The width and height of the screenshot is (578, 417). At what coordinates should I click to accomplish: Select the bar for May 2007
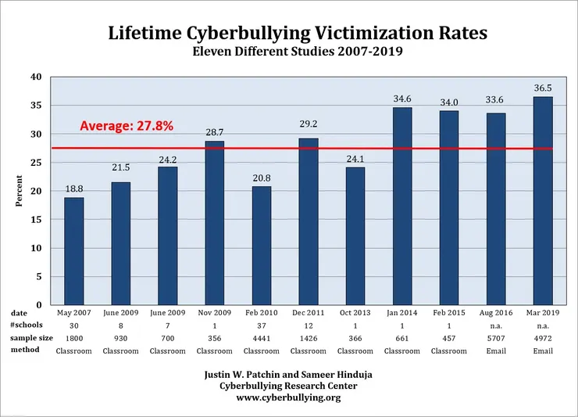tap(73, 251)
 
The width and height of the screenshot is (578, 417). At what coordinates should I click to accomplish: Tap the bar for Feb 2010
tap(261, 246)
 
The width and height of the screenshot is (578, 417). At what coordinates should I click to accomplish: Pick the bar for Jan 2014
tap(402, 206)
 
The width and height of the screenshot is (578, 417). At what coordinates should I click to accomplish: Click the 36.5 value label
tap(543, 89)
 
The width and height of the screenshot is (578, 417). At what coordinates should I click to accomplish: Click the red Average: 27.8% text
tap(127, 125)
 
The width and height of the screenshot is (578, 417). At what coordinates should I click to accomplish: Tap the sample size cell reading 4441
tap(261, 338)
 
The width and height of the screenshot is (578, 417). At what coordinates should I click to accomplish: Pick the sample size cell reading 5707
tap(496, 338)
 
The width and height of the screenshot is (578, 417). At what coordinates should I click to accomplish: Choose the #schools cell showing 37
tap(261, 325)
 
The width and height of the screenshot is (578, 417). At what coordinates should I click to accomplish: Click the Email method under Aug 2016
tap(496, 350)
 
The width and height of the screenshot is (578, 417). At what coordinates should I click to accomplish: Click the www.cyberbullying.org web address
tap(288, 397)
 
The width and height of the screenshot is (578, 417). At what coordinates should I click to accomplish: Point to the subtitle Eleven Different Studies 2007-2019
tap(288, 53)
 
